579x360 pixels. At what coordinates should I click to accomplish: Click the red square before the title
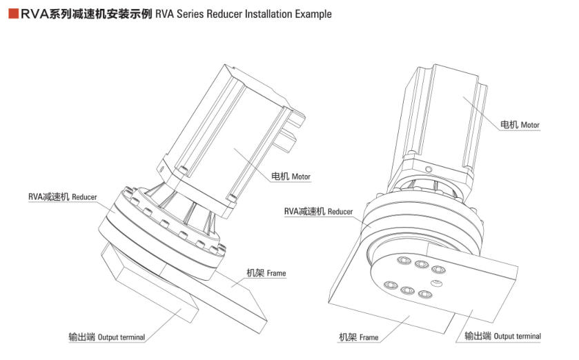(12, 13)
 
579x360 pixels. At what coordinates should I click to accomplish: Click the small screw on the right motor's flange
(428, 169)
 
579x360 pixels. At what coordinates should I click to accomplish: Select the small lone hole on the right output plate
(435, 282)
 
